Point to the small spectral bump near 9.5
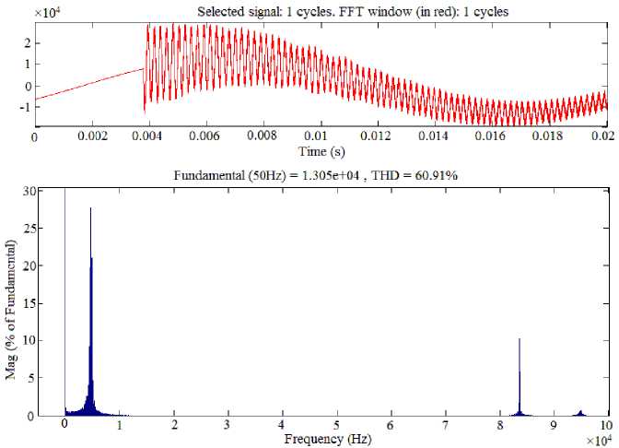click(x=580, y=412)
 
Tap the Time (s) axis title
click(x=321, y=150)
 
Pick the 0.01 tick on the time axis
click(x=321, y=136)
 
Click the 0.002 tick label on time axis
click(x=91, y=136)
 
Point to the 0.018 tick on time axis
click(x=550, y=136)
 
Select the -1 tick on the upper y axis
click(x=25, y=107)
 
